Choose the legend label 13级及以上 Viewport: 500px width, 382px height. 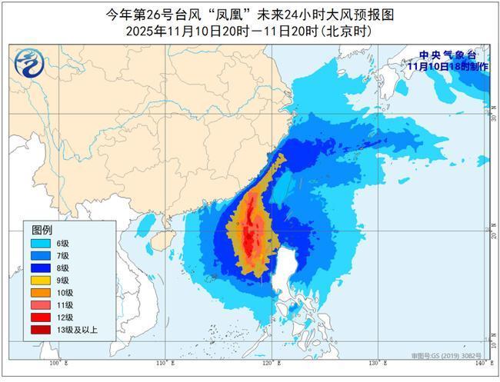coord(76,330)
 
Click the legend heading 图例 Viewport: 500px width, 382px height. coord(42,230)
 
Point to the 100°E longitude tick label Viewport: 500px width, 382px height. coord(55,361)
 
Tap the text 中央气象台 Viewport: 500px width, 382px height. coord(448,55)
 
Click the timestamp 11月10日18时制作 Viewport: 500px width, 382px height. coord(448,66)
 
